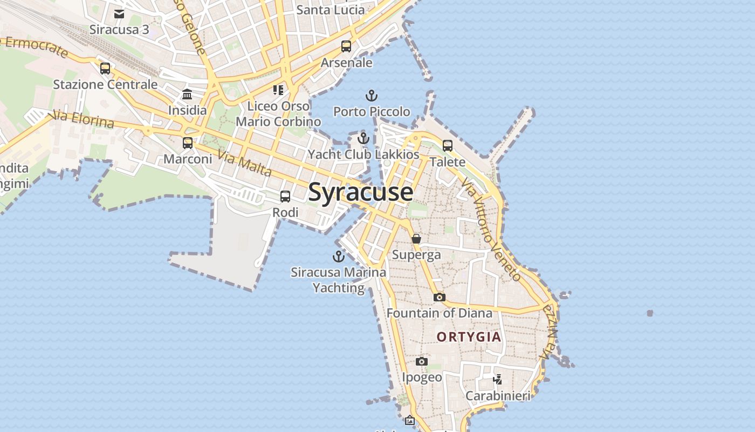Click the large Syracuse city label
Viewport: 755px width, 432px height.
tap(360, 192)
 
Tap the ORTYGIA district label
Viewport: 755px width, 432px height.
tap(469, 337)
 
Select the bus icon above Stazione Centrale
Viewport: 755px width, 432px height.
tap(105, 69)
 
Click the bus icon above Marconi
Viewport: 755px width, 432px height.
tap(188, 143)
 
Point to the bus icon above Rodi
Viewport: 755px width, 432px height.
tap(285, 197)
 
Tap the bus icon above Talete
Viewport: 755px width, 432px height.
tap(448, 145)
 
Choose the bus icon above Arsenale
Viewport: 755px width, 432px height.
tap(346, 46)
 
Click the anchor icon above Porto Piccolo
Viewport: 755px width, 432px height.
tap(371, 96)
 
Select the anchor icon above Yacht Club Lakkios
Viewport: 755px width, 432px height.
tap(363, 138)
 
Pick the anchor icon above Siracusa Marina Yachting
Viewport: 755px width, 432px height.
tap(339, 256)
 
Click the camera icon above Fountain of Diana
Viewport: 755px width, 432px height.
tap(440, 297)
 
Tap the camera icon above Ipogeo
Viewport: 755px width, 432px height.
tap(422, 361)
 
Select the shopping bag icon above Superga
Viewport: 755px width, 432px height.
tap(416, 238)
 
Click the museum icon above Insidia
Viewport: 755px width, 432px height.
tap(187, 94)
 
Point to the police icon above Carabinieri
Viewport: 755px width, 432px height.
tap(498, 380)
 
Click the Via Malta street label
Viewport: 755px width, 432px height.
tap(244, 163)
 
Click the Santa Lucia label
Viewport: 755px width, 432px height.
tap(330, 10)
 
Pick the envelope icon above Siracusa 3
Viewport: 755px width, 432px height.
tap(119, 13)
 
